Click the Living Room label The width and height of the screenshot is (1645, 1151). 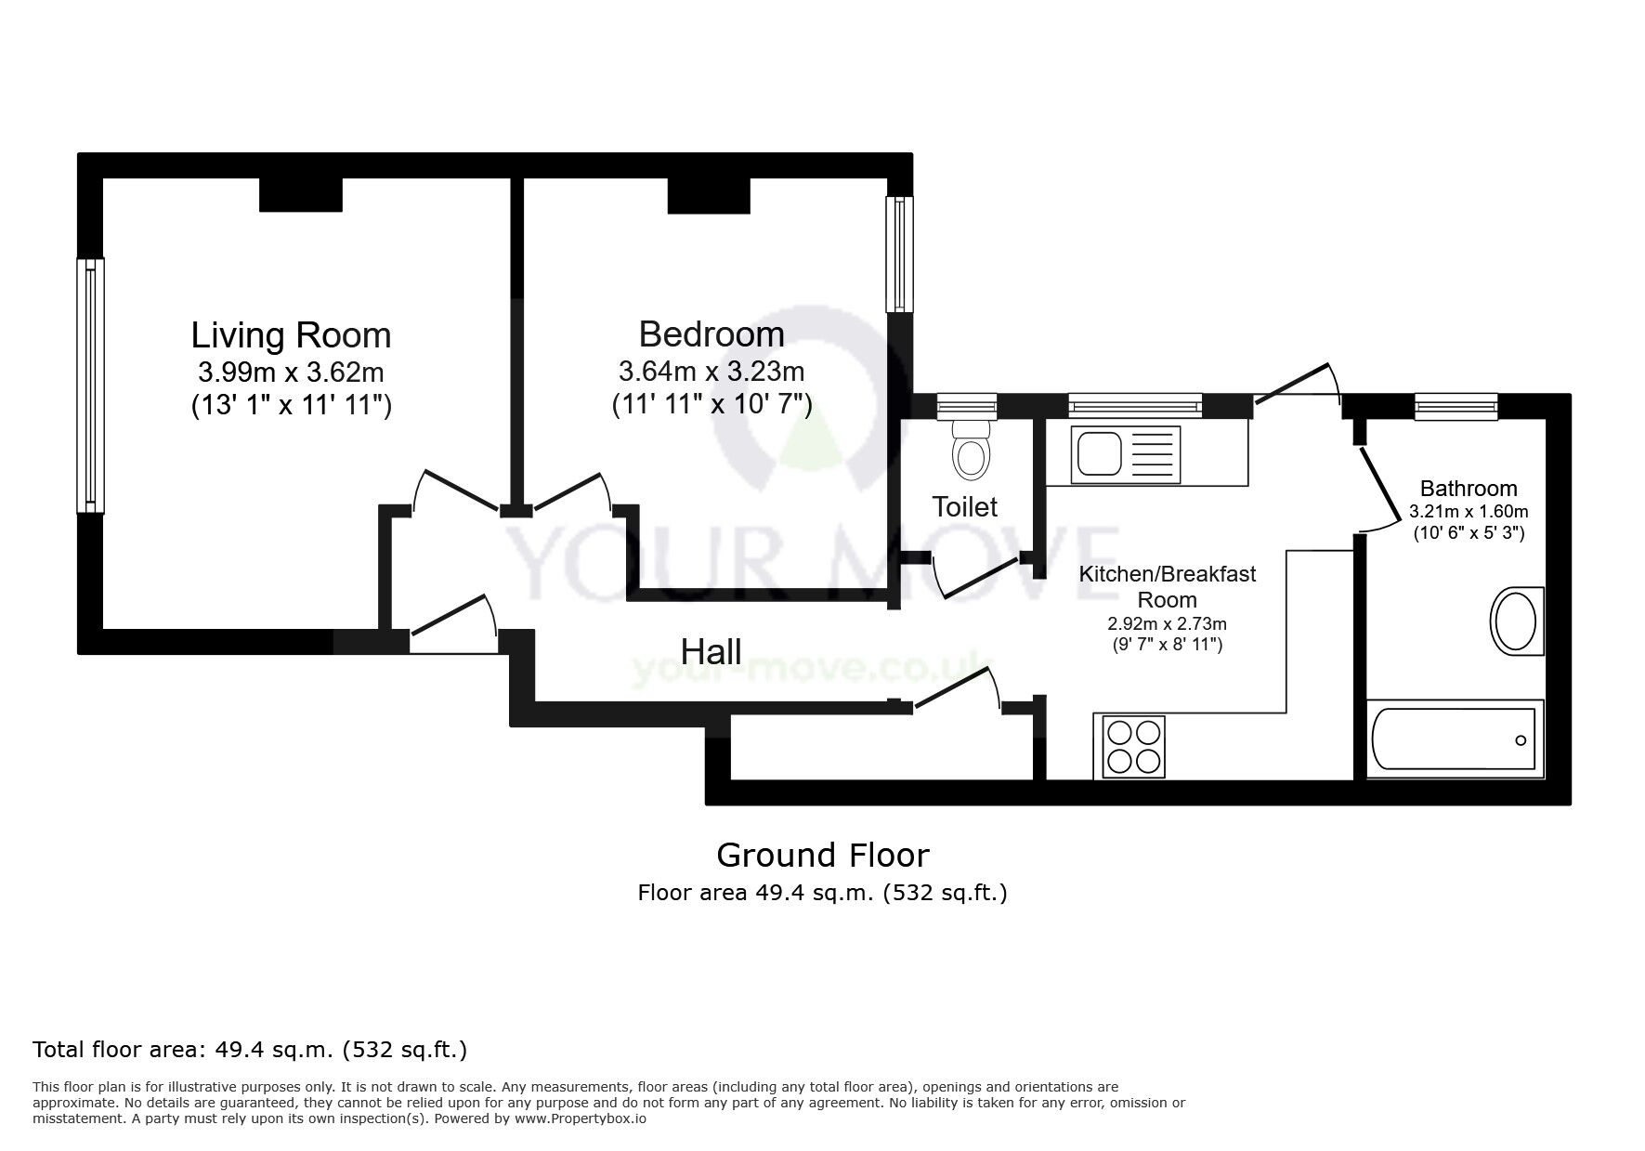(x=291, y=334)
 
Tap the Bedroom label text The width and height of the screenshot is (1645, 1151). (x=712, y=334)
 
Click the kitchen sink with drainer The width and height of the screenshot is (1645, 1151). (x=1125, y=455)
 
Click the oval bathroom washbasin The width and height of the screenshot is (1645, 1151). (x=1515, y=621)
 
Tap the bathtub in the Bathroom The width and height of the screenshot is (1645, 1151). (x=1454, y=739)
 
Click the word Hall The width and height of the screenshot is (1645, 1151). (x=712, y=651)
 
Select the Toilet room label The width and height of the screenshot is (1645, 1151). (x=964, y=507)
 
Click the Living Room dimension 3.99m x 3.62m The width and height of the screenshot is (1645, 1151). (x=291, y=373)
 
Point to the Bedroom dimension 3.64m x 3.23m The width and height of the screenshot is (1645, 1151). (x=712, y=372)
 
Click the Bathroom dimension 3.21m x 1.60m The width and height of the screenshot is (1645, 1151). (x=1469, y=512)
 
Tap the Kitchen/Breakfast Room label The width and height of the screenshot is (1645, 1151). (x=1167, y=586)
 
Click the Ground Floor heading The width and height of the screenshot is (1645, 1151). (x=822, y=855)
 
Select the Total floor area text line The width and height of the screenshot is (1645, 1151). (x=250, y=1051)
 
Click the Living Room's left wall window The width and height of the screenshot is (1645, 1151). (x=90, y=385)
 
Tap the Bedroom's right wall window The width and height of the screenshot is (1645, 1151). (x=899, y=254)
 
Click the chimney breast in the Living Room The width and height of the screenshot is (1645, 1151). (x=300, y=194)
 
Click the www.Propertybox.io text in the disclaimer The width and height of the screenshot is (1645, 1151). (x=580, y=1118)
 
